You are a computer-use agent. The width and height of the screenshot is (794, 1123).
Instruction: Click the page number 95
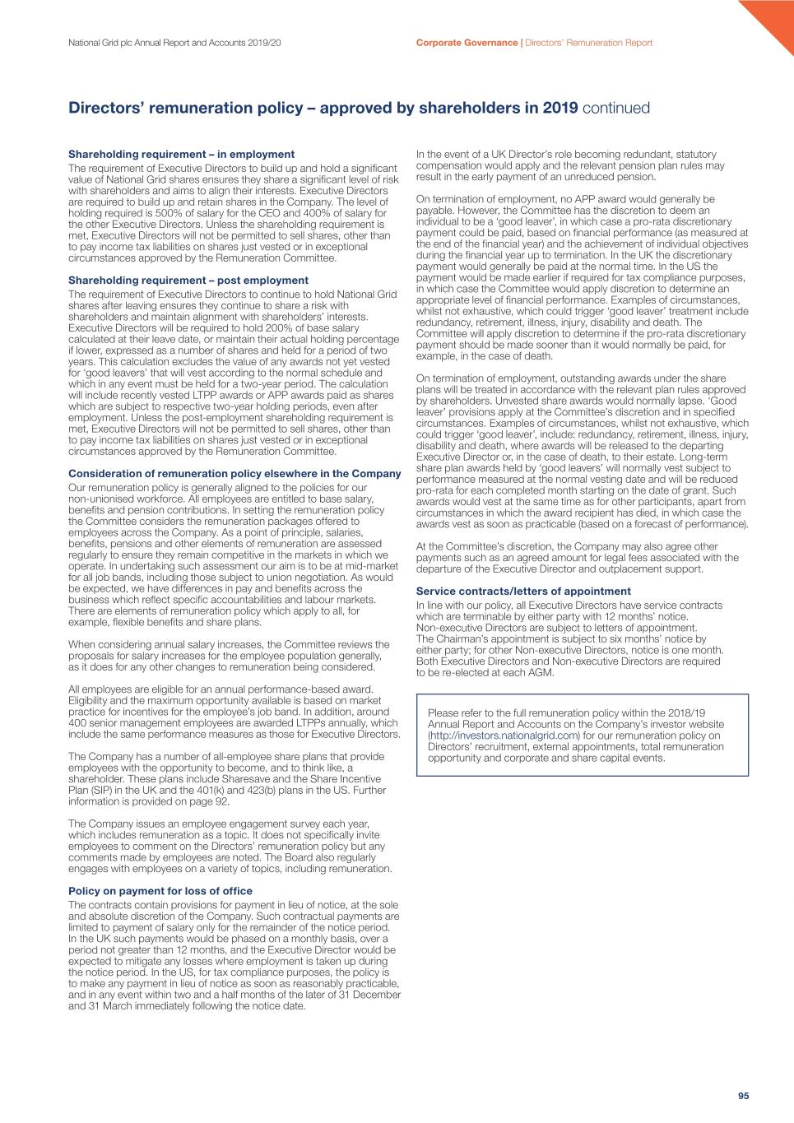[x=743, y=1096]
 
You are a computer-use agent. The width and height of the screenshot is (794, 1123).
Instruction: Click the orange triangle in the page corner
[x=773, y=20]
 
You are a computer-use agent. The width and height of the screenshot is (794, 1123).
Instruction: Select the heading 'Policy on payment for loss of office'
[x=160, y=891]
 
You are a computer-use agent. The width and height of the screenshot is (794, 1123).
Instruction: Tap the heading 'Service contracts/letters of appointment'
[x=523, y=592]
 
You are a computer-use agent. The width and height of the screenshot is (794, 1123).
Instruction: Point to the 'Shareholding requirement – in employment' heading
[x=181, y=155]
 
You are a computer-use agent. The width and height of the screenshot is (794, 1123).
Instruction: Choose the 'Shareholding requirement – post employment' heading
[x=188, y=281]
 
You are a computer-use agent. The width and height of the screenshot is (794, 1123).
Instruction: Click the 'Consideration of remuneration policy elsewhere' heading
[x=234, y=474]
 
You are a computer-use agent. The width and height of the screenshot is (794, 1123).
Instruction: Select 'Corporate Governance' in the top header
[x=467, y=43]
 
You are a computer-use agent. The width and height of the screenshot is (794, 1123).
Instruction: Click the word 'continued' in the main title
[x=616, y=109]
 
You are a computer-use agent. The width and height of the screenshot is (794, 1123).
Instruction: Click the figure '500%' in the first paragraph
[x=171, y=214]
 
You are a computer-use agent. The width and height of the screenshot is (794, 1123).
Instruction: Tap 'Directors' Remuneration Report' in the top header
[x=588, y=43]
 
